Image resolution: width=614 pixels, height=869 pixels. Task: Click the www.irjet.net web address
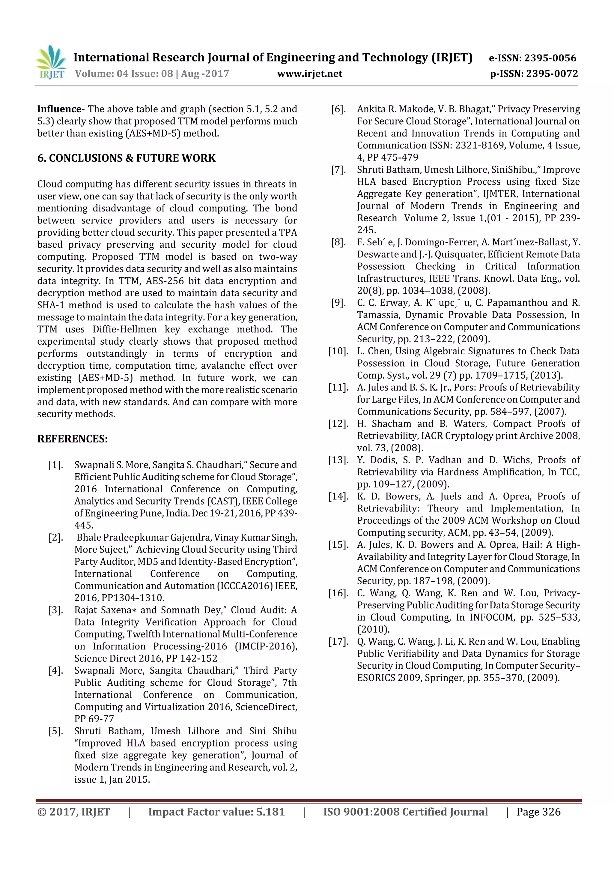(x=309, y=74)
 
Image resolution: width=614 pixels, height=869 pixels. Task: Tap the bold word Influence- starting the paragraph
(x=61, y=109)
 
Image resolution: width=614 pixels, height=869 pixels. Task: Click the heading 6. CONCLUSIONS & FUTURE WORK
(x=126, y=158)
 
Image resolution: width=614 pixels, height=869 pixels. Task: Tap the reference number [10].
(x=338, y=351)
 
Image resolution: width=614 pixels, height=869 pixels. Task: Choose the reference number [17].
(x=338, y=642)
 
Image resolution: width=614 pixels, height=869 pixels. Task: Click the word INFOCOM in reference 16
(x=492, y=617)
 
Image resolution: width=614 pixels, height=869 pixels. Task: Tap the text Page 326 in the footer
(x=538, y=811)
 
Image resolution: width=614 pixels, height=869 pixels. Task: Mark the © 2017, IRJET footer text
(x=74, y=811)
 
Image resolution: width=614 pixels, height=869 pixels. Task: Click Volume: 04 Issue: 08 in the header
(x=124, y=74)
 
